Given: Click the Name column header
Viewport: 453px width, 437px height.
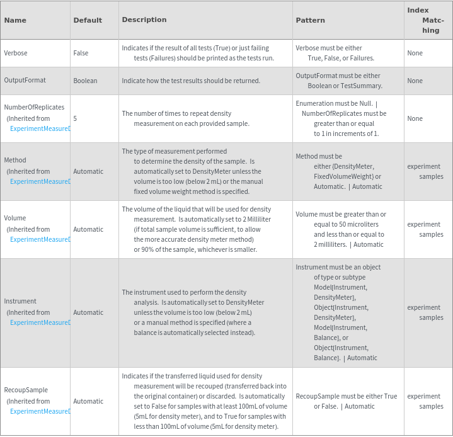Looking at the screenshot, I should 15,20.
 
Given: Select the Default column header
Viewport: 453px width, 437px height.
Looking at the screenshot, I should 88,20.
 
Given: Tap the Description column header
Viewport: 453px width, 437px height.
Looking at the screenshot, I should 144,20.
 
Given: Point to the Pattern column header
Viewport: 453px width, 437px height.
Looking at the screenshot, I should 311,20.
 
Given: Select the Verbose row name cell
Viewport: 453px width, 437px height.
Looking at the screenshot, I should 16,53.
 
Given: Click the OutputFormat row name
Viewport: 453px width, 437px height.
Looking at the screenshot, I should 25,81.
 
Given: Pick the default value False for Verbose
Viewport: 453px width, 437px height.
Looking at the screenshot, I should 81,53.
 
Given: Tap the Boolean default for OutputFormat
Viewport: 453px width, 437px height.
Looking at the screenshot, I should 85,81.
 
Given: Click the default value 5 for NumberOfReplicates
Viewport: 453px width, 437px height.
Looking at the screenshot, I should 75,118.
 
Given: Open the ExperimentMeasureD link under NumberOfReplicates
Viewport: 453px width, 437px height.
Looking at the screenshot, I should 40,128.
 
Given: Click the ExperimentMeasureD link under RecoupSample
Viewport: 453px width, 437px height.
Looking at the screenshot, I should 40,411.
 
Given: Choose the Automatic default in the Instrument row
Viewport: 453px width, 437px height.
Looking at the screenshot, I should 88,312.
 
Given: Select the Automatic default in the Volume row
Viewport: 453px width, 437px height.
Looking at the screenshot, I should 88,229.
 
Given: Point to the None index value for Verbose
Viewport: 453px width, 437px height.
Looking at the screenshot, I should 415,53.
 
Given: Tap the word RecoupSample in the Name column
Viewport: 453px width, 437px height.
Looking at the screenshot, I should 26,390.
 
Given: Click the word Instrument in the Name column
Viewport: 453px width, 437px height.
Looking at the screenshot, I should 20,301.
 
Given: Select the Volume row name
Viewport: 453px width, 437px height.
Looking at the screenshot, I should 15,218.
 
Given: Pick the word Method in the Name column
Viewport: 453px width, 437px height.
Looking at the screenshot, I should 15,160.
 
